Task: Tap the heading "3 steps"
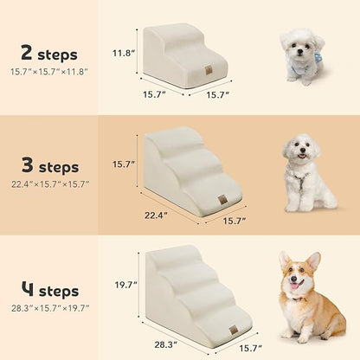[x=49, y=166]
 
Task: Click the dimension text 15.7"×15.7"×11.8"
[x=48, y=70]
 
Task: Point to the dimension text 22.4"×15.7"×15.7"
[x=49, y=184]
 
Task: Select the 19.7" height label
[x=125, y=284]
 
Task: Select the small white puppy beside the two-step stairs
[x=302, y=56]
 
